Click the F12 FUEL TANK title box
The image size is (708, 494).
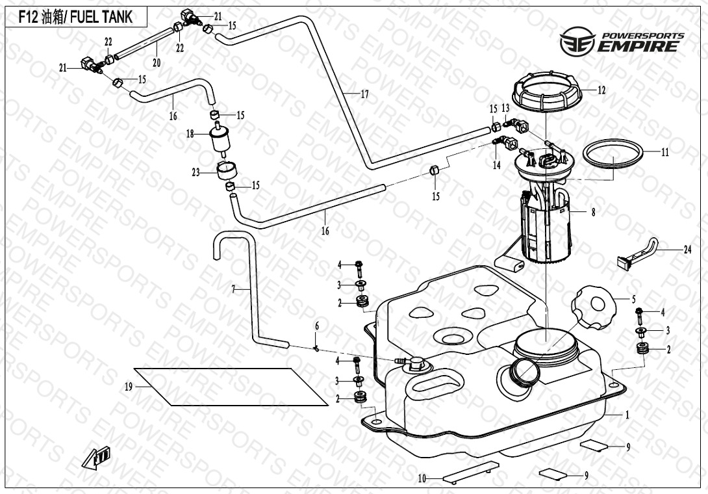[75, 17]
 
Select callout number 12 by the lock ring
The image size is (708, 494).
[601, 90]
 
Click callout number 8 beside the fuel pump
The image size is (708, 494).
[593, 211]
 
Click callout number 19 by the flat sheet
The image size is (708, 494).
[129, 387]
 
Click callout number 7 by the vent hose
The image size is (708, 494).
[233, 289]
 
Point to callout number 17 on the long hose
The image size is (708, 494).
[364, 94]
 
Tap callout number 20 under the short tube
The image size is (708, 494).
[156, 63]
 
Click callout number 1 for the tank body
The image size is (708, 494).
[627, 414]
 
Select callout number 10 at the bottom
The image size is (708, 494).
[422, 479]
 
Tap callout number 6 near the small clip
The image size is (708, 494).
[317, 326]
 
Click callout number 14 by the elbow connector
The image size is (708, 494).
[496, 165]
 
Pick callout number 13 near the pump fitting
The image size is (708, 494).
[505, 107]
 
